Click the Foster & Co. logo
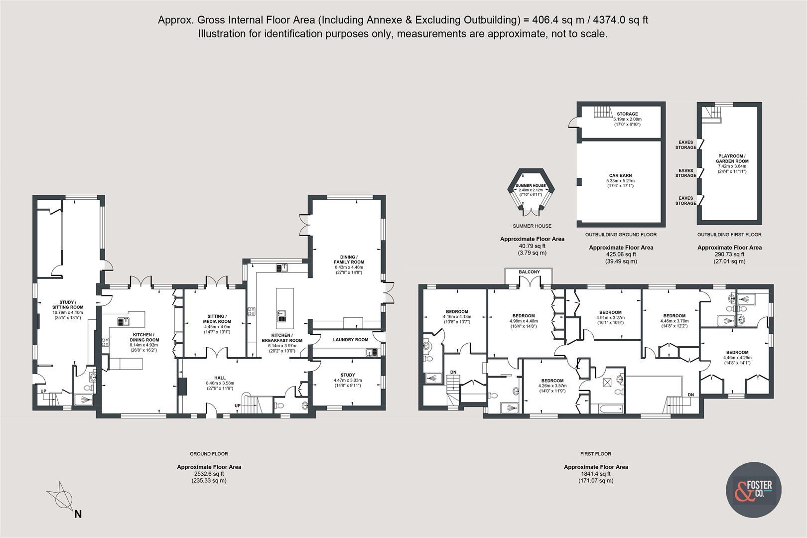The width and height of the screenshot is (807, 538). [x=753, y=490]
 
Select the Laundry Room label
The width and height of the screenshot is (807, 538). [x=350, y=340]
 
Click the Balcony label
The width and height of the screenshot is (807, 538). [x=529, y=272]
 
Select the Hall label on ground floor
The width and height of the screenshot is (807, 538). [x=220, y=378]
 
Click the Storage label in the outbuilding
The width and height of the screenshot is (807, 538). [x=627, y=114]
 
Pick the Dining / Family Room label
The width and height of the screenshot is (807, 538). [x=349, y=260]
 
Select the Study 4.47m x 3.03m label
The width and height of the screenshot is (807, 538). [x=348, y=375]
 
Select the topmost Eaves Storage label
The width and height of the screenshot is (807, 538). [x=686, y=145]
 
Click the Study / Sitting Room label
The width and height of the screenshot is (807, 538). [x=68, y=305]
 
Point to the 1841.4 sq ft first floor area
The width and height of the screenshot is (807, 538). [x=596, y=474]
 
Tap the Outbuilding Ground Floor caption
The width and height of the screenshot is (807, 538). [x=621, y=235]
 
